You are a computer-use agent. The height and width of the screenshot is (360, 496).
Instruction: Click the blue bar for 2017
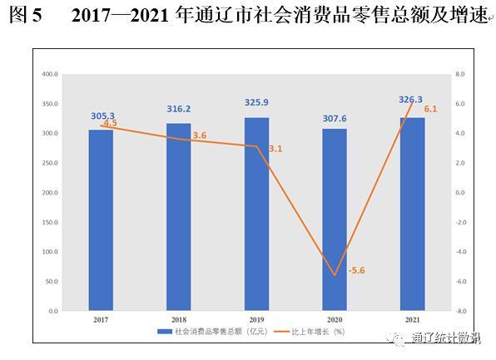click(x=101, y=220)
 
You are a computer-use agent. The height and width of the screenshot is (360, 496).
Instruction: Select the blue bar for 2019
click(x=256, y=214)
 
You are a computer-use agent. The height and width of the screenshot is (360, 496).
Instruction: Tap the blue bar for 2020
click(x=335, y=219)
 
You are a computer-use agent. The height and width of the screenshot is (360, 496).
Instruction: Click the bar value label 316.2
click(x=179, y=109)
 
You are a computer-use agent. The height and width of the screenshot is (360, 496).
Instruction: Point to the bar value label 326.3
click(x=410, y=100)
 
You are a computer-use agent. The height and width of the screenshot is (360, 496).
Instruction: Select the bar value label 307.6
click(x=335, y=119)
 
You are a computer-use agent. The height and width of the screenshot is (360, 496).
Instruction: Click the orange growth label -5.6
click(x=356, y=270)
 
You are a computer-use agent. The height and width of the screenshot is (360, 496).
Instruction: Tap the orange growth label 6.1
click(x=430, y=109)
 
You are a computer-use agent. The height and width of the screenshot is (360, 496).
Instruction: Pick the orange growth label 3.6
click(x=200, y=136)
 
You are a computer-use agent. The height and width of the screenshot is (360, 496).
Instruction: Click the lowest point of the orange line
click(x=335, y=276)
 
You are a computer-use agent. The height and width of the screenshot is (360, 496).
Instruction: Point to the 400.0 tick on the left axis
click(x=50, y=74)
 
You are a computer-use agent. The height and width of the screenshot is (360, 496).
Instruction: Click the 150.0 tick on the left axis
click(x=50, y=223)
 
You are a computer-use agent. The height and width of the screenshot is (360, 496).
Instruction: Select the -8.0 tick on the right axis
click(x=460, y=311)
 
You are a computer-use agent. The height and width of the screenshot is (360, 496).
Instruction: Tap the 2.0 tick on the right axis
click(x=460, y=163)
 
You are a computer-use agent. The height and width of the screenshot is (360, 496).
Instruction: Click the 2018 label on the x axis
click(x=179, y=320)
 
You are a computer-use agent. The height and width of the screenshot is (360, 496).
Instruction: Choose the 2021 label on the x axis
click(x=413, y=320)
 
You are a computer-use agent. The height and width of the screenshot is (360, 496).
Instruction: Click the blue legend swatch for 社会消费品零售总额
click(x=165, y=332)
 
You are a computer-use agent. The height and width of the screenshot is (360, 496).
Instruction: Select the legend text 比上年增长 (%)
click(x=318, y=332)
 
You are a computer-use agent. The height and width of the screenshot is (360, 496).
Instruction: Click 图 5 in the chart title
click(x=25, y=14)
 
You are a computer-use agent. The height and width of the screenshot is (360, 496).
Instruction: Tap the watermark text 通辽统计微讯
click(x=446, y=338)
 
